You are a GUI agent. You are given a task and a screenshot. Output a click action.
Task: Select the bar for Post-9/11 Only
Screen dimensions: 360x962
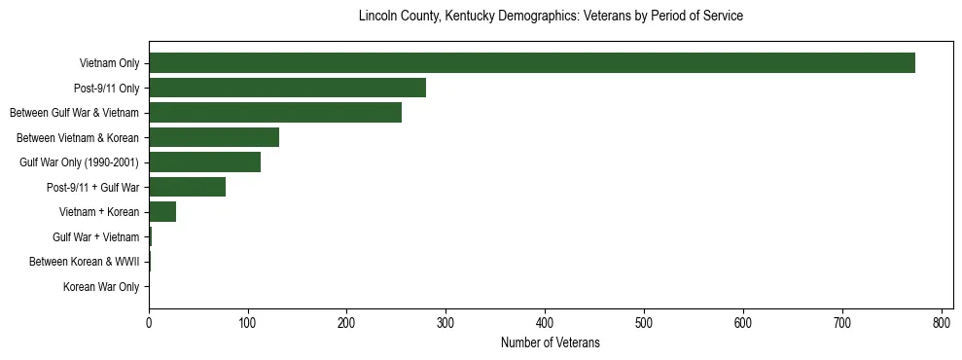[287, 89]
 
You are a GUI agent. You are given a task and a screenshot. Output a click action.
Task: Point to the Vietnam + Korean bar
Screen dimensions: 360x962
[162, 212]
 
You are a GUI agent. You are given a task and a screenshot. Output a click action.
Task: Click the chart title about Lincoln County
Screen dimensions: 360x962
[551, 17]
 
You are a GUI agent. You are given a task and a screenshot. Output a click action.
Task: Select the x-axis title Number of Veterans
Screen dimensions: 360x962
[551, 343]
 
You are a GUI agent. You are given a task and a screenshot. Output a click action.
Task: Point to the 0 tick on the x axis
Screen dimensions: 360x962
[149, 324]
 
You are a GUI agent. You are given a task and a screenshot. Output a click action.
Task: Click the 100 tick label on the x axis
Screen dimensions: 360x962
[248, 324]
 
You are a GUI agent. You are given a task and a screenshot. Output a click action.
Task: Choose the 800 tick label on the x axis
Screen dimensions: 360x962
[941, 324]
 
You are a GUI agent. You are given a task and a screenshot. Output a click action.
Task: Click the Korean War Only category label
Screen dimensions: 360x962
[101, 286]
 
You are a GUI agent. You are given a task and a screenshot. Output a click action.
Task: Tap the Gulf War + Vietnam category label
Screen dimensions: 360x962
[96, 236]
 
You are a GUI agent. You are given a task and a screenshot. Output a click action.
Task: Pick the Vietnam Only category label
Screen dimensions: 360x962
[109, 63]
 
